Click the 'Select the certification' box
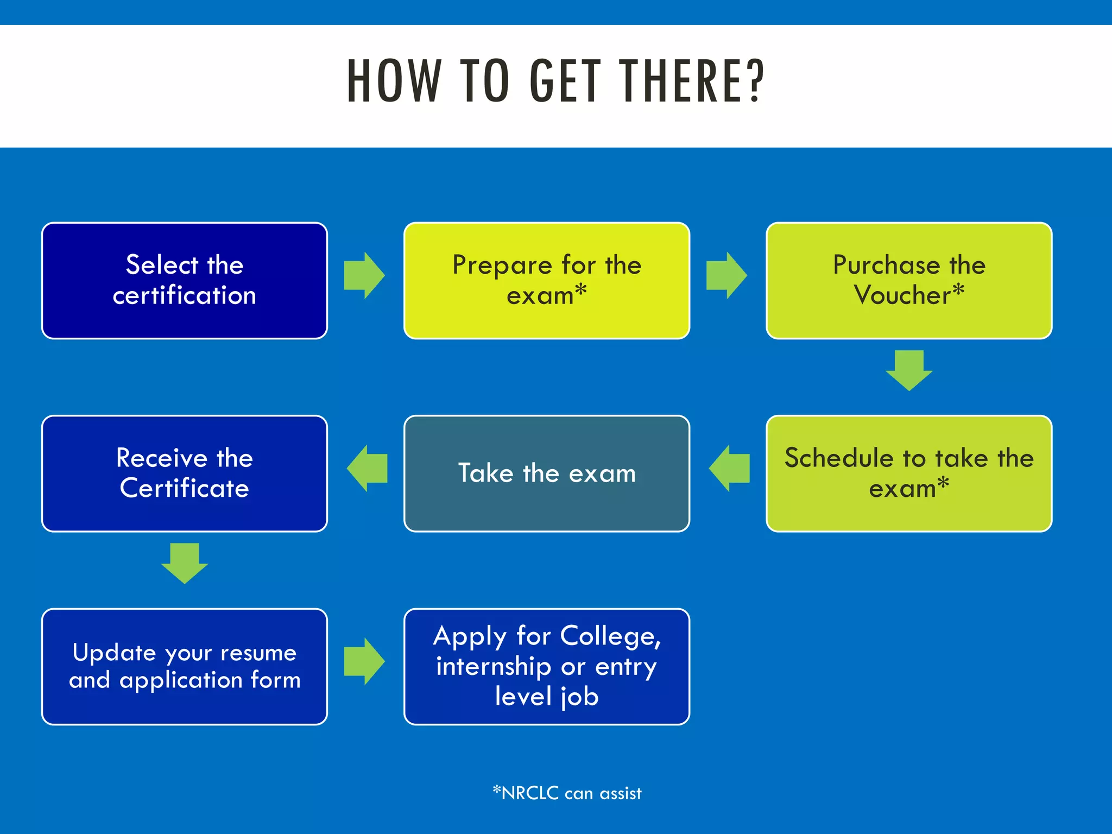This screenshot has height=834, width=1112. [185, 281]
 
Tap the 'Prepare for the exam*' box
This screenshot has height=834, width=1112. [547, 281]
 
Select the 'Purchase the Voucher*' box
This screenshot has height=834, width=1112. [909, 281]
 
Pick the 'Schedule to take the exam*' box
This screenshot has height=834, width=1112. [909, 473]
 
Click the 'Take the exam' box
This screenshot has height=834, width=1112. [547, 473]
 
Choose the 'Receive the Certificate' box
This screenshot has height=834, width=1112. [185, 473]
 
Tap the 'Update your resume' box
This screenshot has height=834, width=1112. [185, 666]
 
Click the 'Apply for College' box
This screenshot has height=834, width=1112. [547, 666]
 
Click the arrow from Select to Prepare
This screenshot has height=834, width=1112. [364, 275]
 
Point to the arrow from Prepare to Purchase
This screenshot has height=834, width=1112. [726, 275]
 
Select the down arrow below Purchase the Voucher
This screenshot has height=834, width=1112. [909, 371]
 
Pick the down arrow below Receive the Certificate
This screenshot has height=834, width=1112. [185, 564]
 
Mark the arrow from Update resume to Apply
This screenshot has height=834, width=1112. [364, 661]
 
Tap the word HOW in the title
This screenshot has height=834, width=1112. [394, 81]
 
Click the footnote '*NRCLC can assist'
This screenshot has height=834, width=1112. [567, 793]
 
